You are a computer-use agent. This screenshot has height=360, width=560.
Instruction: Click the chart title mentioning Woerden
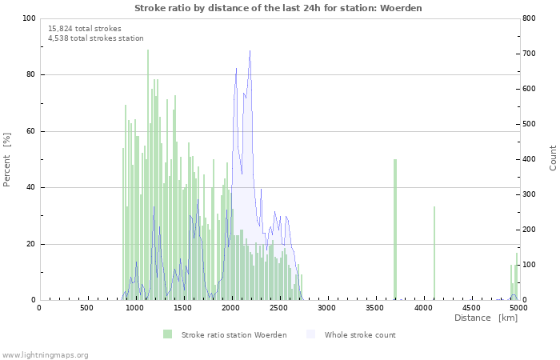tap(278, 8)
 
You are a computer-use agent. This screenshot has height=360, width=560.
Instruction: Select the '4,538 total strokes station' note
tap(96, 38)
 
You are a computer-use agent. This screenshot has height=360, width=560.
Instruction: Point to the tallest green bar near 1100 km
tap(148, 176)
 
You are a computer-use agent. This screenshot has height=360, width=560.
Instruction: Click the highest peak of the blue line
tap(250, 52)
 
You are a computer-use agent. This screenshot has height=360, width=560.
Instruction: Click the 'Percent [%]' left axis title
tap(7, 160)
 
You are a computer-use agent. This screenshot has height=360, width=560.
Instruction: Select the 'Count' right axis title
tap(553, 158)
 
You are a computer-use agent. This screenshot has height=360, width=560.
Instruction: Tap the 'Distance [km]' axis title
tap(486, 318)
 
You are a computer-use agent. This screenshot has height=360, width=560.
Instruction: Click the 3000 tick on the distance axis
tap(327, 307)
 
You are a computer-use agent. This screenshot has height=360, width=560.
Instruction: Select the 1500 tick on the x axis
tap(183, 307)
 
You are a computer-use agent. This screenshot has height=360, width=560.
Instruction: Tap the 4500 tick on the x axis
tap(471, 307)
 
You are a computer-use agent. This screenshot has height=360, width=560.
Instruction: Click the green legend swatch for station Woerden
tap(167, 334)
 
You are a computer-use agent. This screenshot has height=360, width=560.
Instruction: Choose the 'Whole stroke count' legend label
tap(360, 334)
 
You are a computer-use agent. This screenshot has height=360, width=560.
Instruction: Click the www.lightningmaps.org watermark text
tap(45, 354)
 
